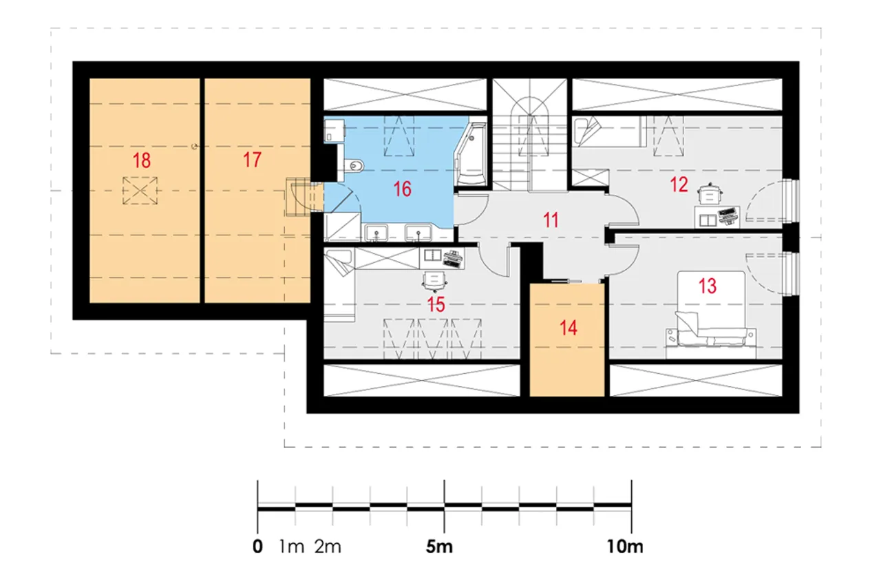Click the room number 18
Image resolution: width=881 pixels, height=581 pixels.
pos(142,160)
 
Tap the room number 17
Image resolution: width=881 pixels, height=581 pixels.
pos(252,160)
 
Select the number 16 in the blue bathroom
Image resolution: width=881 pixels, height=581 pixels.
pos(403,189)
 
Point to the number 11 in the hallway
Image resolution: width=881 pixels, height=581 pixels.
pos(551,220)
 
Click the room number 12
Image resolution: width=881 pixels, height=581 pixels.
pos(679,184)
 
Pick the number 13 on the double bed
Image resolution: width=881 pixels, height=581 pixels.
pos(707,286)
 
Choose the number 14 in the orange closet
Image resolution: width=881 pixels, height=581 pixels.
pos(569,328)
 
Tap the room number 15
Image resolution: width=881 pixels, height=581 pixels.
pos(436,305)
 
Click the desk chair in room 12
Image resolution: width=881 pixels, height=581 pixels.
pos(710,194)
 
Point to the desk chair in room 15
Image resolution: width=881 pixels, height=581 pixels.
pos(434,282)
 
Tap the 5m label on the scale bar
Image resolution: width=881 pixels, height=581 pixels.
pos(439,547)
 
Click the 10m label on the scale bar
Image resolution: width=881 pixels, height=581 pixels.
pos(625,547)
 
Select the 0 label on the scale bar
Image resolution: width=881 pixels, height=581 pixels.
pos(257,547)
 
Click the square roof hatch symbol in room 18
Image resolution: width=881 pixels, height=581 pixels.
pos(140,191)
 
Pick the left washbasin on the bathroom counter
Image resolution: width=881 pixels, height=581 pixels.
pos(376,233)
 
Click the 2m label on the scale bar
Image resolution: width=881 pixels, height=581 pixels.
pos(328,547)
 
